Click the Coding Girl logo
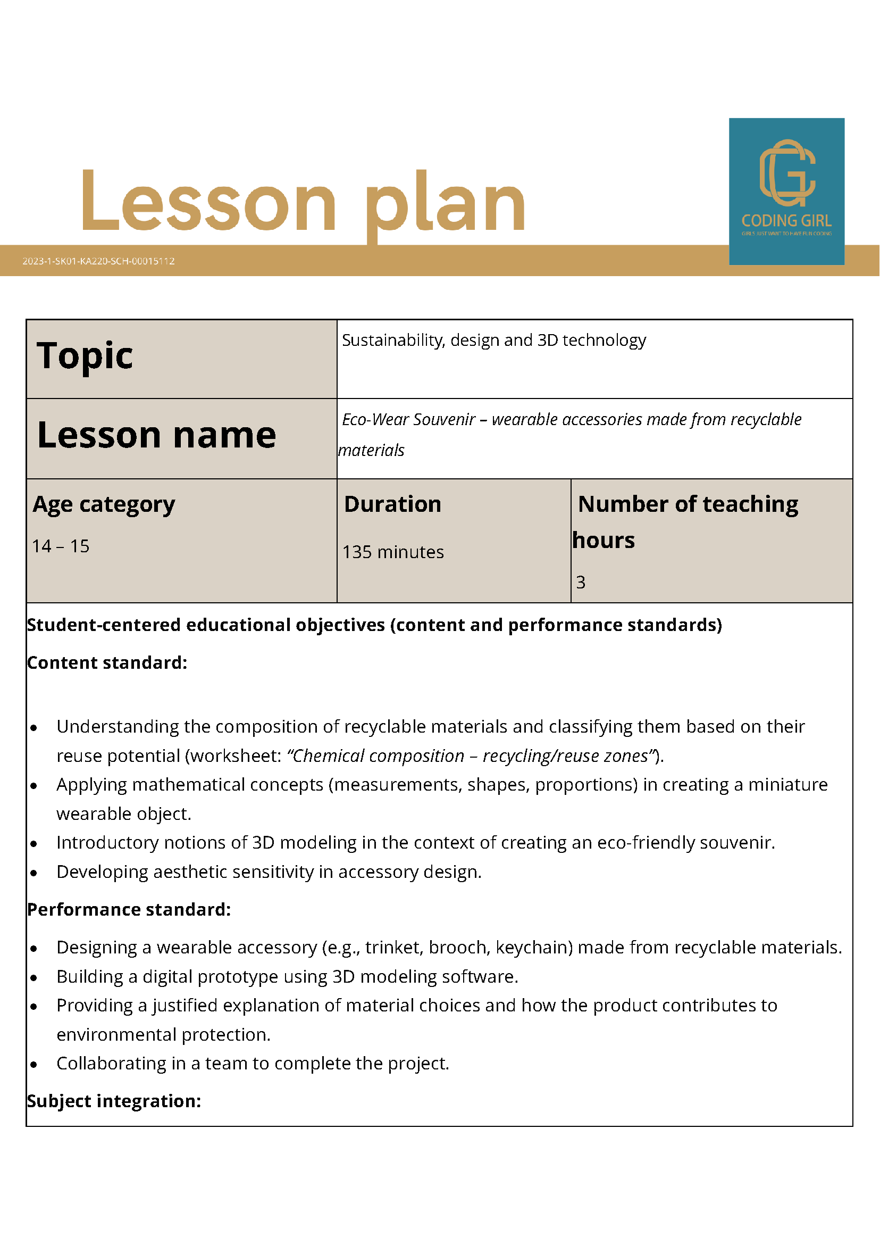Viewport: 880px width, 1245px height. [x=786, y=191]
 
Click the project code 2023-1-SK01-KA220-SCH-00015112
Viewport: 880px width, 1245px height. [x=98, y=261]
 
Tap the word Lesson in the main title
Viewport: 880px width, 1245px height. [x=208, y=202]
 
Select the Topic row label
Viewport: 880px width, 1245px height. [x=85, y=356]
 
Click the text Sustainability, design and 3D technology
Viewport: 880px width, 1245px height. [x=493, y=340]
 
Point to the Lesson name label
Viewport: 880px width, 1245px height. [x=157, y=435]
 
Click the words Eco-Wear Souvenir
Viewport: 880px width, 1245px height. [x=408, y=419]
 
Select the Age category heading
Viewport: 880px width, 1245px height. [x=104, y=504]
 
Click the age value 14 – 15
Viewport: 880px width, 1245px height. [x=61, y=546]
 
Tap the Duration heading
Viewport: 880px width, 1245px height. [x=392, y=504]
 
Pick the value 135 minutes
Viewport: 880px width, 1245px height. [x=393, y=552]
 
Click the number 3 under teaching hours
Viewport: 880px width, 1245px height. [x=580, y=583]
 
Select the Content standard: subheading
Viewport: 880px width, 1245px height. [x=107, y=662]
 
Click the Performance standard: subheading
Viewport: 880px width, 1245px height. [x=129, y=909]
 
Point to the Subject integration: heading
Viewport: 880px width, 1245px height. [x=114, y=1101]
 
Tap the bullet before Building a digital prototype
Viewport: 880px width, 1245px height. [x=34, y=978]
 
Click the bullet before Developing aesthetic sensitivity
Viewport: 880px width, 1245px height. [x=34, y=873]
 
